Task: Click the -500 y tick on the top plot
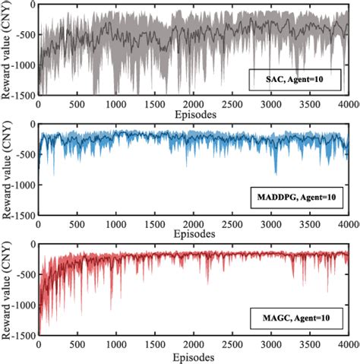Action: pyautogui.click(x=23, y=35)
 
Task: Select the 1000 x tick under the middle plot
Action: pyautogui.click(x=116, y=225)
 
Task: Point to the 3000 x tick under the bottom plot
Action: pyautogui.click(x=271, y=345)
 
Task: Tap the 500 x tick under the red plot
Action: pyautogui.click(x=77, y=345)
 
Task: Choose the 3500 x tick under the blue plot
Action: pyautogui.click(x=310, y=225)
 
